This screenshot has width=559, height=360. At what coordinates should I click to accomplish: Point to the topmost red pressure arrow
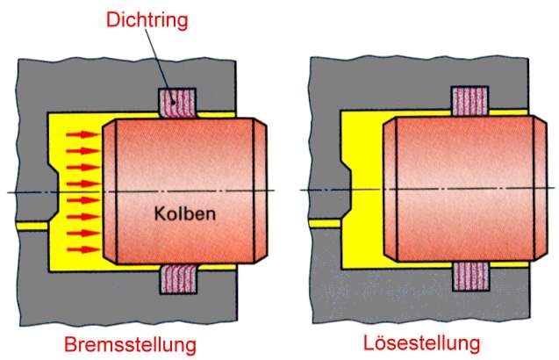(82, 135)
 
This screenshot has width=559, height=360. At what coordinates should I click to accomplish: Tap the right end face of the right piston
(537, 189)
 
